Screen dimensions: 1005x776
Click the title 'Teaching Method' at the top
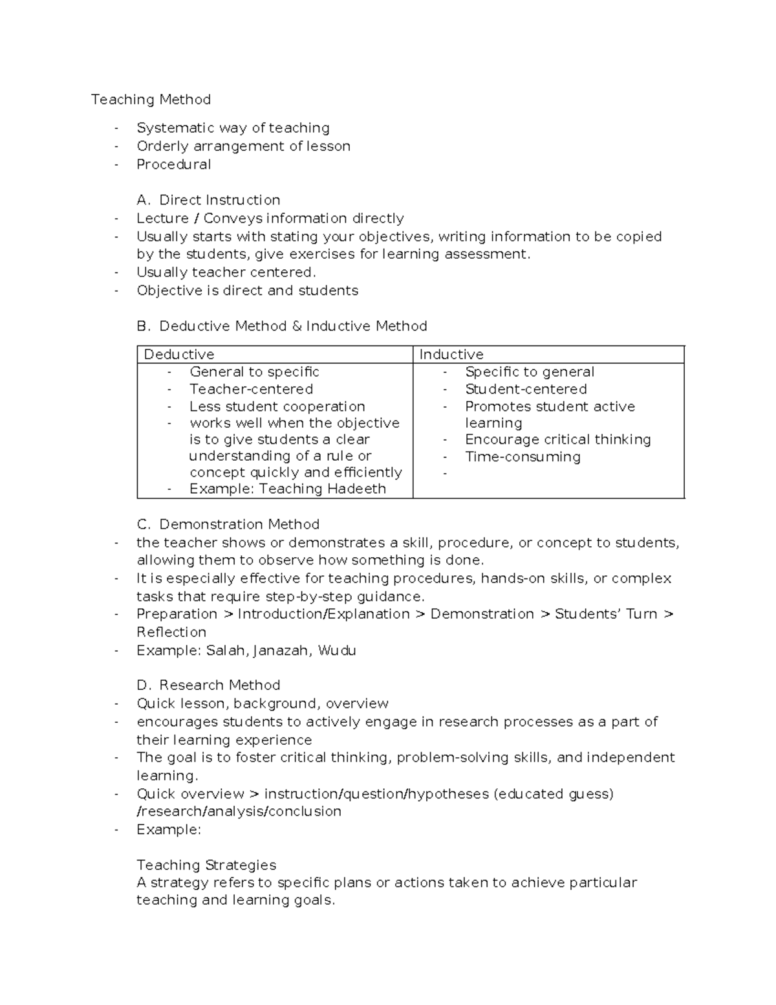(x=151, y=100)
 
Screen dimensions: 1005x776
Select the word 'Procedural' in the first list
(x=173, y=164)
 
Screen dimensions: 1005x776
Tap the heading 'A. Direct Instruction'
(x=208, y=200)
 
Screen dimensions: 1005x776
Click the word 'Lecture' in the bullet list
(x=162, y=218)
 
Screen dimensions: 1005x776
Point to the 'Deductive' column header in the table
(x=178, y=355)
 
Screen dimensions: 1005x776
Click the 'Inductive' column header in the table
(x=451, y=355)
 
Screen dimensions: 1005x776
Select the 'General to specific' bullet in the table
(x=254, y=372)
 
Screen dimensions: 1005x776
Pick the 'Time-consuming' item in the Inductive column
(x=523, y=457)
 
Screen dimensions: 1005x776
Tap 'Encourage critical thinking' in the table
(x=557, y=439)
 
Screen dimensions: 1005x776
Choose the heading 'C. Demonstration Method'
(x=228, y=524)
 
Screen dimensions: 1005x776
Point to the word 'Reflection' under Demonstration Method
(x=171, y=632)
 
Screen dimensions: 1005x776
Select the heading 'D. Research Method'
(x=208, y=685)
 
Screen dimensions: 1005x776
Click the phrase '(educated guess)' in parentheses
(x=554, y=794)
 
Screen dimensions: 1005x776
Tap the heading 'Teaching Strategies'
(x=206, y=865)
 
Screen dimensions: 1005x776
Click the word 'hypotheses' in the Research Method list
(x=450, y=794)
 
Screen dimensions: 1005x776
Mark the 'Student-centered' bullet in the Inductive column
(x=526, y=390)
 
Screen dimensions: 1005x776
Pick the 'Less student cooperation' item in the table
(x=277, y=406)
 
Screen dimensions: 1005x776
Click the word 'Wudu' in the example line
(x=337, y=650)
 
